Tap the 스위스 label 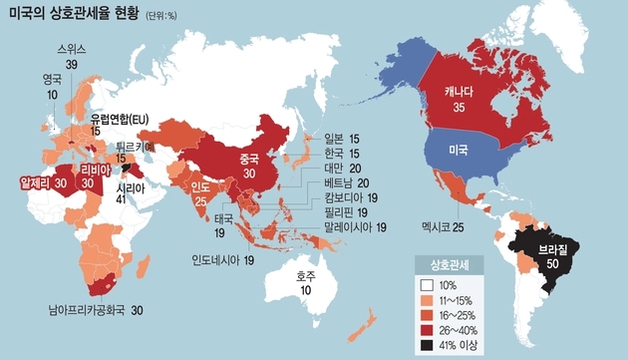(72, 48)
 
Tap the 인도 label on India (199, 185)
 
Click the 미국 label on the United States (459, 150)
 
